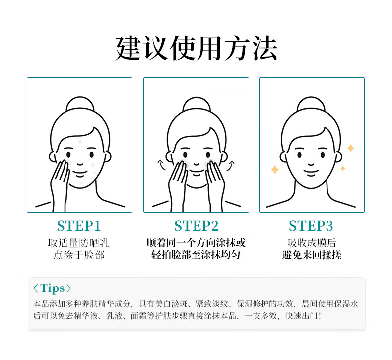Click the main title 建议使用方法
(x=196, y=48)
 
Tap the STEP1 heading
(x=79, y=226)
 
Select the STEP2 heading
(x=196, y=226)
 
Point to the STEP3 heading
(x=311, y=226)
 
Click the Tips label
(x=52, y=288)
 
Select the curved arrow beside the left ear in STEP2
(x=162, y=165)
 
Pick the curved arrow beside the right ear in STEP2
(x=231, y=166)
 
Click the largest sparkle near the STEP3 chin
(x=275, y=170)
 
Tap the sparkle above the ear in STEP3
(x=351, y=148)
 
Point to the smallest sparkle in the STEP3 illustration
(x=343, y=168)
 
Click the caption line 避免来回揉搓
(x=312, y=255)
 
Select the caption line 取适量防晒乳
(x=79, y=243)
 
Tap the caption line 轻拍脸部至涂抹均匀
(x=196, y=255)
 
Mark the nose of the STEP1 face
(x=80, y=164)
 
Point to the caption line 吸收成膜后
(x=312, y=243)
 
